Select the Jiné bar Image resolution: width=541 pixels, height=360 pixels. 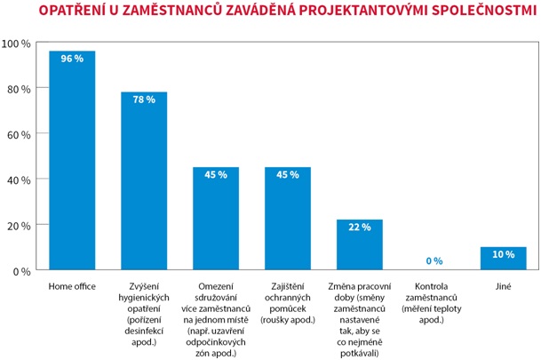tap(504, 260)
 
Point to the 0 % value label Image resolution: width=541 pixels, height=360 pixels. tap(433, 261)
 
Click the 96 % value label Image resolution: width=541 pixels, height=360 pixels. tap(72, 59)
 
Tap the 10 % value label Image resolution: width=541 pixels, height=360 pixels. tap(504, 254)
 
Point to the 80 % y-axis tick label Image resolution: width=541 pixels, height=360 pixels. tap(19, 89)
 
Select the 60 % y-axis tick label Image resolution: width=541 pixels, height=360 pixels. tap(19, 134)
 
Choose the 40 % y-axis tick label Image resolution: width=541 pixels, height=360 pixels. tap(19, 180)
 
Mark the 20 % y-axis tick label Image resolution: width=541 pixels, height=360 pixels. tap(19, 225)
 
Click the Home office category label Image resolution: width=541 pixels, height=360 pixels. tap(72, 286)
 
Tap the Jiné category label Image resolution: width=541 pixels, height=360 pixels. tap(504, 286)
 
